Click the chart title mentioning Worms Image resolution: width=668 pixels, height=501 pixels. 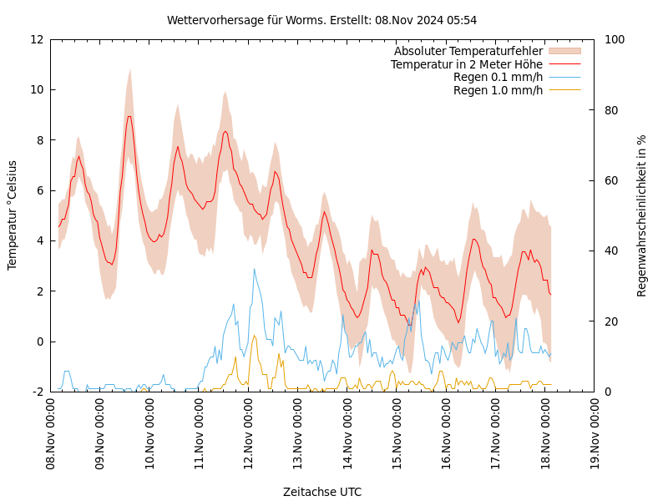(321, 20)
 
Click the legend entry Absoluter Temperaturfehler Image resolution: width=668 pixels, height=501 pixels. (468, 52)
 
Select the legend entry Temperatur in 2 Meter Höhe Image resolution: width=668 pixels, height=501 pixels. (466, 64)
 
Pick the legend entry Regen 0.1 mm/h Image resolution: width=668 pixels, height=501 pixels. (498, 77)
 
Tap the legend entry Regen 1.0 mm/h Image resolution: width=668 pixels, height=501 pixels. (498, 90)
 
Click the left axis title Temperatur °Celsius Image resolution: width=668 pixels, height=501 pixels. (13, 215)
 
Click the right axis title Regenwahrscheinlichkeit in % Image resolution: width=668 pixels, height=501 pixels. (642, 215)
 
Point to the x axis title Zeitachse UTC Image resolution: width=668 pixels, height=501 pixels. (322, 492)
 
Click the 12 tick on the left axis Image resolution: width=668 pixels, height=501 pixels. (37, 39)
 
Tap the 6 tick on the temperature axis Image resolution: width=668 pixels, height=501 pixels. (40, 190)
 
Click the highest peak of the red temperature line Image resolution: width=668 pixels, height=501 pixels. (129, 116)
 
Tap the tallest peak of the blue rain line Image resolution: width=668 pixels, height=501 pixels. (254, 269)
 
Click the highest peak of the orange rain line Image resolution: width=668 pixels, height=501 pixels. (254, 335)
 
